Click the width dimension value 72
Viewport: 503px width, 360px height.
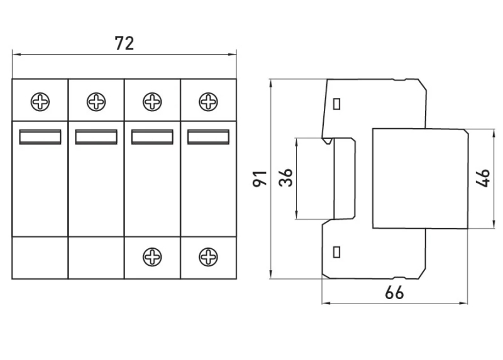[x=124, y=43]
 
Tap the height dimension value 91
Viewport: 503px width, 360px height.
[x=260, y=178]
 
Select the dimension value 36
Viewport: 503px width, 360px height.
[x=286, y=178]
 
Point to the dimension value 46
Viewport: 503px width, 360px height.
[x=483, y=178]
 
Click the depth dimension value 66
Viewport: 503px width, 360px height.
[x=394, y=293]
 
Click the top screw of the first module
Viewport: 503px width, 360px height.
[x=40, y=102]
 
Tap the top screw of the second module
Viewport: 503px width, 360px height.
[x=96, y=102]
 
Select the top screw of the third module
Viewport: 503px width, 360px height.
[x=152, y=102]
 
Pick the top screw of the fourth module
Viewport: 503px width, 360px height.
[x=209, y=102]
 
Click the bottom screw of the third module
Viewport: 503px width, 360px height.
[x=152, y=257]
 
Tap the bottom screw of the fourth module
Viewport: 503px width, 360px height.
[x=209, y=257]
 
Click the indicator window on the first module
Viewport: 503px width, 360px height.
[x=40, y=137]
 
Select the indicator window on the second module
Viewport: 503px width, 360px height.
[x=96, y=137]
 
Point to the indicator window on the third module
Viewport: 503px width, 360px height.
[x=152, y=137]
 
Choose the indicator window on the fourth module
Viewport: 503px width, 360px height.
[x=209, y=137]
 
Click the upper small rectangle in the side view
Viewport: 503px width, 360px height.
[x=337, y=104]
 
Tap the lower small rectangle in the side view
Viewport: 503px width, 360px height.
[x=337, y=252]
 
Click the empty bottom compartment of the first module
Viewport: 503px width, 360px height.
[x=40, y=258]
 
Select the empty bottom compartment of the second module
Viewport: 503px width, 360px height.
[x=96, y=258]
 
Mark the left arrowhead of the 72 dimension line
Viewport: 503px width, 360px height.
[x=16, y=55]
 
